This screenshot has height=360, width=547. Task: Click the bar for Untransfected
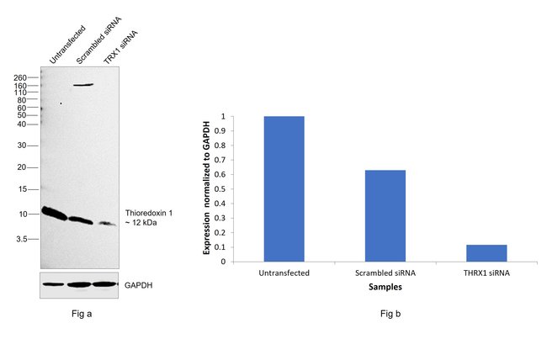[284, 188]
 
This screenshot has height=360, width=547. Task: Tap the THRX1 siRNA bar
[486, 252]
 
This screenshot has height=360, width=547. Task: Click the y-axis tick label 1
[222, 117]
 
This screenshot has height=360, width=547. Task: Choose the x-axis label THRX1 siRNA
[486, 273]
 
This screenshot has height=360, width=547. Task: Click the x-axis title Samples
[385, 287]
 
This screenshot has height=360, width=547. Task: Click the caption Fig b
[385, 315]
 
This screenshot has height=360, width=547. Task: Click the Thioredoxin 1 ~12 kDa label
[154, 217]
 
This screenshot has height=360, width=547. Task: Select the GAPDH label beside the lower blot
[139, 285]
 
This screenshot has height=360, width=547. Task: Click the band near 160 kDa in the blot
[82, 85]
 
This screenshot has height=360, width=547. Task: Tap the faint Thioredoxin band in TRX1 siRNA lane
[107, 223]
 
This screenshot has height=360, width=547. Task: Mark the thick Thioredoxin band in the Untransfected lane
[55, 213]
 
